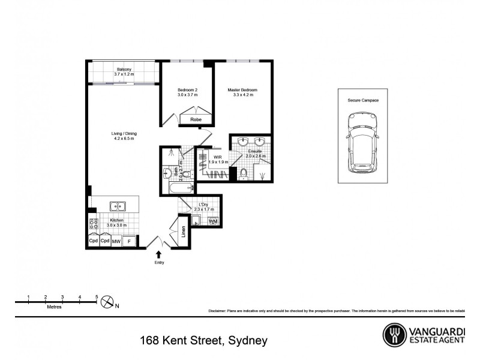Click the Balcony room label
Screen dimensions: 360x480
(125, 69)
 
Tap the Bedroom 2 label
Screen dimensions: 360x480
(187, 90)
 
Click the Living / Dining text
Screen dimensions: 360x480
(123, 134)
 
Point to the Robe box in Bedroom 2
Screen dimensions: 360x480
(196, 120)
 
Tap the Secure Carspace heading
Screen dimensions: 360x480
(362, 100)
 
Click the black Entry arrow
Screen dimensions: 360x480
(158, 255)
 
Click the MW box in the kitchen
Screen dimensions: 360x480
(116, 241)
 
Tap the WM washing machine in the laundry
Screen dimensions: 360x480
(212, 221)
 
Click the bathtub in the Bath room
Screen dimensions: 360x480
(178, 189)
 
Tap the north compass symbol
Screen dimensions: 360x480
(107, 302)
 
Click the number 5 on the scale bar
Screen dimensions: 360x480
(97, 297)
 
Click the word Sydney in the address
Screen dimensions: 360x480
(247, 341)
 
